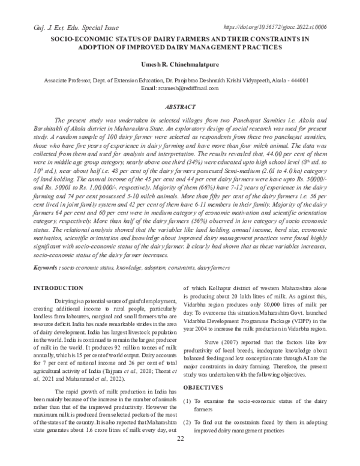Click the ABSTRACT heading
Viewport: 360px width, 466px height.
(180, 106)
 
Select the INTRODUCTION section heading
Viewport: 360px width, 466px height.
(58, 289)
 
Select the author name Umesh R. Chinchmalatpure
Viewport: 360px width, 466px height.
(180, 64)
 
